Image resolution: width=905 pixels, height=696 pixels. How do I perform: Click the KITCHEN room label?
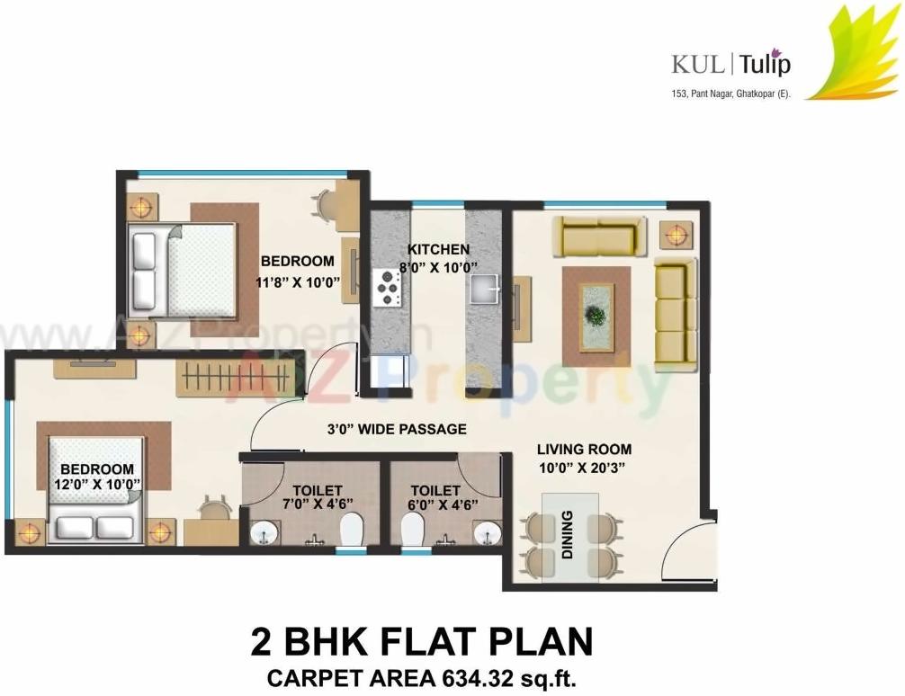(438, 249)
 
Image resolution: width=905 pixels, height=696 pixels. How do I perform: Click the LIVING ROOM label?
(584, 449)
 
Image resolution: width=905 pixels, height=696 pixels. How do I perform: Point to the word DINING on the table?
(567, 535)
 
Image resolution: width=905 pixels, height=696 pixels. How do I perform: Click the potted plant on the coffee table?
(594, 316)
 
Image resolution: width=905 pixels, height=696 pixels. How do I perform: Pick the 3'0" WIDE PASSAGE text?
(397, 429)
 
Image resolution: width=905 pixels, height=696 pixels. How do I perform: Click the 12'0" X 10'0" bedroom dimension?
(97, 485)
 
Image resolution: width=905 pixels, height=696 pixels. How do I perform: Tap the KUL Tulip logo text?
(730, 64)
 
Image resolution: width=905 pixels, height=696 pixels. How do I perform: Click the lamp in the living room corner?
(676, 234)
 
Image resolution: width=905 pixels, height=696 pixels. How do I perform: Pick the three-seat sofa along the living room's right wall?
(675, 313)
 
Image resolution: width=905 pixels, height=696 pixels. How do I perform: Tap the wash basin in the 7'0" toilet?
(265, 532)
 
